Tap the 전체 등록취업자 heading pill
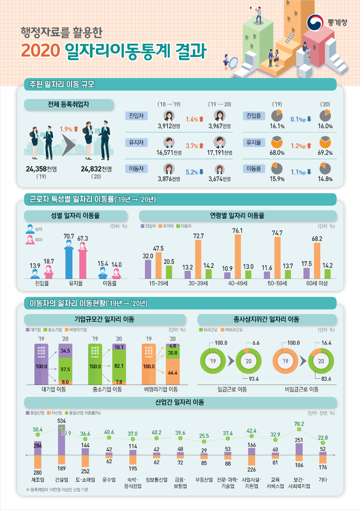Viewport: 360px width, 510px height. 69,103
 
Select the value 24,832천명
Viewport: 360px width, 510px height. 96,169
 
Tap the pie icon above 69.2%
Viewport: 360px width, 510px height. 325,143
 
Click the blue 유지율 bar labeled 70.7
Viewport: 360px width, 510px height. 69,259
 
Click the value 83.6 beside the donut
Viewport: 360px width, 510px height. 327,379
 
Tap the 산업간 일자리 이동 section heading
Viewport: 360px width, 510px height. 180,401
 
